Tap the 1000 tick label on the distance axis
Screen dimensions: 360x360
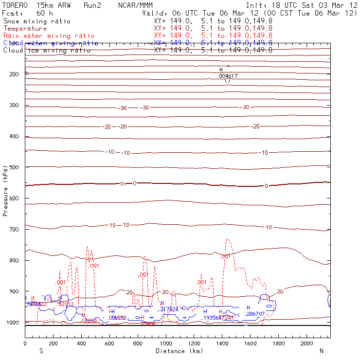pyautogui.click(x=166, y=343)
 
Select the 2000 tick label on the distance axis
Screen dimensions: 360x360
pyautogui.click(x=306, y=343)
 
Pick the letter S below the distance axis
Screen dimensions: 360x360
pyautogui.click(x=41, y=351)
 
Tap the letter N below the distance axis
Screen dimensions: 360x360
pyautogui.click(x=321, y=351)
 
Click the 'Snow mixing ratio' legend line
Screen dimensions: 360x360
pyautogui.click(x=37, y=21)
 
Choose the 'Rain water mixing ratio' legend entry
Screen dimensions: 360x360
pyautogui.click(x=48, y=36)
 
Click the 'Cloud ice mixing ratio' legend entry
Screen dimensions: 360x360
pyautogui.click(x=46, y=50)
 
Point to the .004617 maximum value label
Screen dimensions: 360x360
pyautogui.click(x=228, y=76)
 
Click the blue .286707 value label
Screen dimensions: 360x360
pyautogui.click(x=255, y=314)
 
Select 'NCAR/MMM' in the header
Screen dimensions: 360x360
pyautogui.click(x=135, y=5)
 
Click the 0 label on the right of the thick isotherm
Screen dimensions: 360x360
pyautogui.click(x=266, y=186)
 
